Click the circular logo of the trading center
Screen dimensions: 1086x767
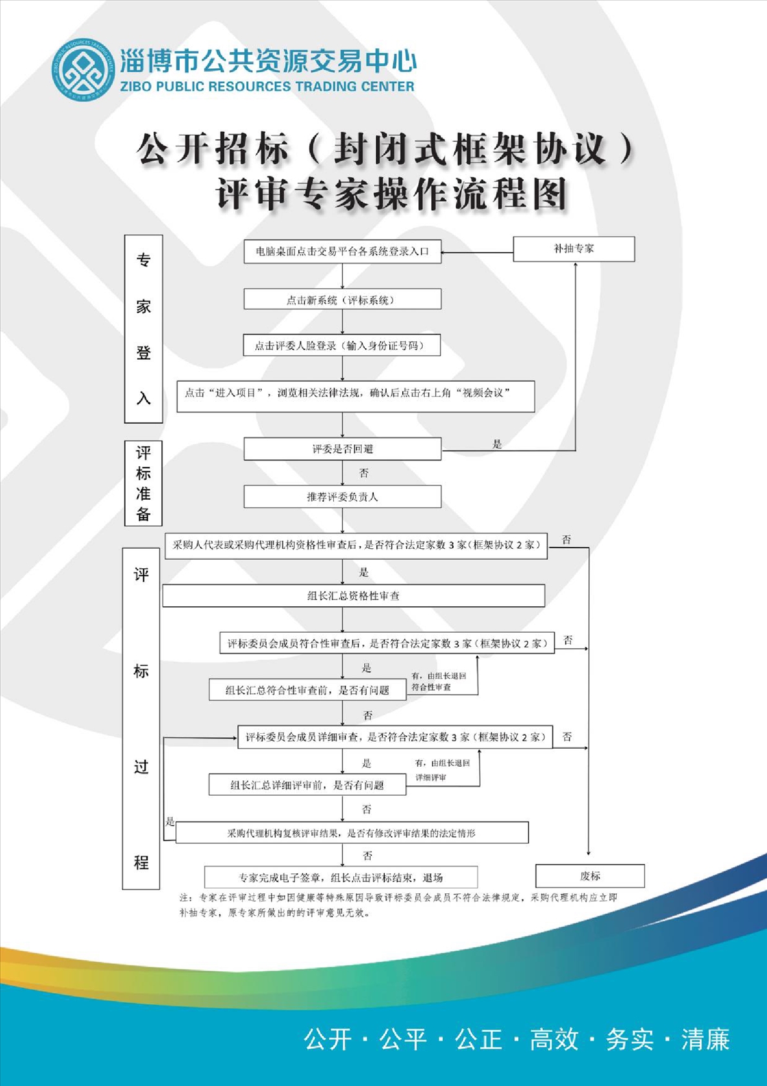click(x=83, y=69)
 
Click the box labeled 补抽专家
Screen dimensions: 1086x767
click(x=574, y=248)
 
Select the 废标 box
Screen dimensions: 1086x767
click(x=590, y=876)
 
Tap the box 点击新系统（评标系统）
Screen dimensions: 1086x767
click(x=342, y=299)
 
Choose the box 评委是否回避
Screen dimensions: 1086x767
click(x=342, y=449)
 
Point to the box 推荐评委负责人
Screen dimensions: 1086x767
click(x=342, y=497)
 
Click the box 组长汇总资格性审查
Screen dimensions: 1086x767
click(x=353, y=596)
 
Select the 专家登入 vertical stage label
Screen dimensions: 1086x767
click(x=143, y=329)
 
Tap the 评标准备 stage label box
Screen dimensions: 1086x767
click(x=143, y=483)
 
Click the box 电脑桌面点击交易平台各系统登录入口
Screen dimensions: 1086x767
click(x=342, y=252)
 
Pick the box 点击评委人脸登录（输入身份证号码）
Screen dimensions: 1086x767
click(x=342, y=345)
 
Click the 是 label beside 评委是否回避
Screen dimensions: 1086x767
click(x=497, y=444)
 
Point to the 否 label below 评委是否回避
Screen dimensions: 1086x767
click(x=364, y=473)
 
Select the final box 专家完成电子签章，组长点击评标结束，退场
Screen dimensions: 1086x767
click(x=341, y=877)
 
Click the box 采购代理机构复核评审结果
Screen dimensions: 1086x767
click(x=352, y=833)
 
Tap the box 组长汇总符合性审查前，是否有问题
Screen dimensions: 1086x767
click(x=307, y=690)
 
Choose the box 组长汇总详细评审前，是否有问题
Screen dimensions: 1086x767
click(x=307, y=785)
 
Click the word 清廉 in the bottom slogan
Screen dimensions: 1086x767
click(x=705, y=1040)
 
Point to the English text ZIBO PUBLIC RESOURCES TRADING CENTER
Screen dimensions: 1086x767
click(x=267, y=86)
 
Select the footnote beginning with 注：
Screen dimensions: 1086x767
click(x=398, y=905)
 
